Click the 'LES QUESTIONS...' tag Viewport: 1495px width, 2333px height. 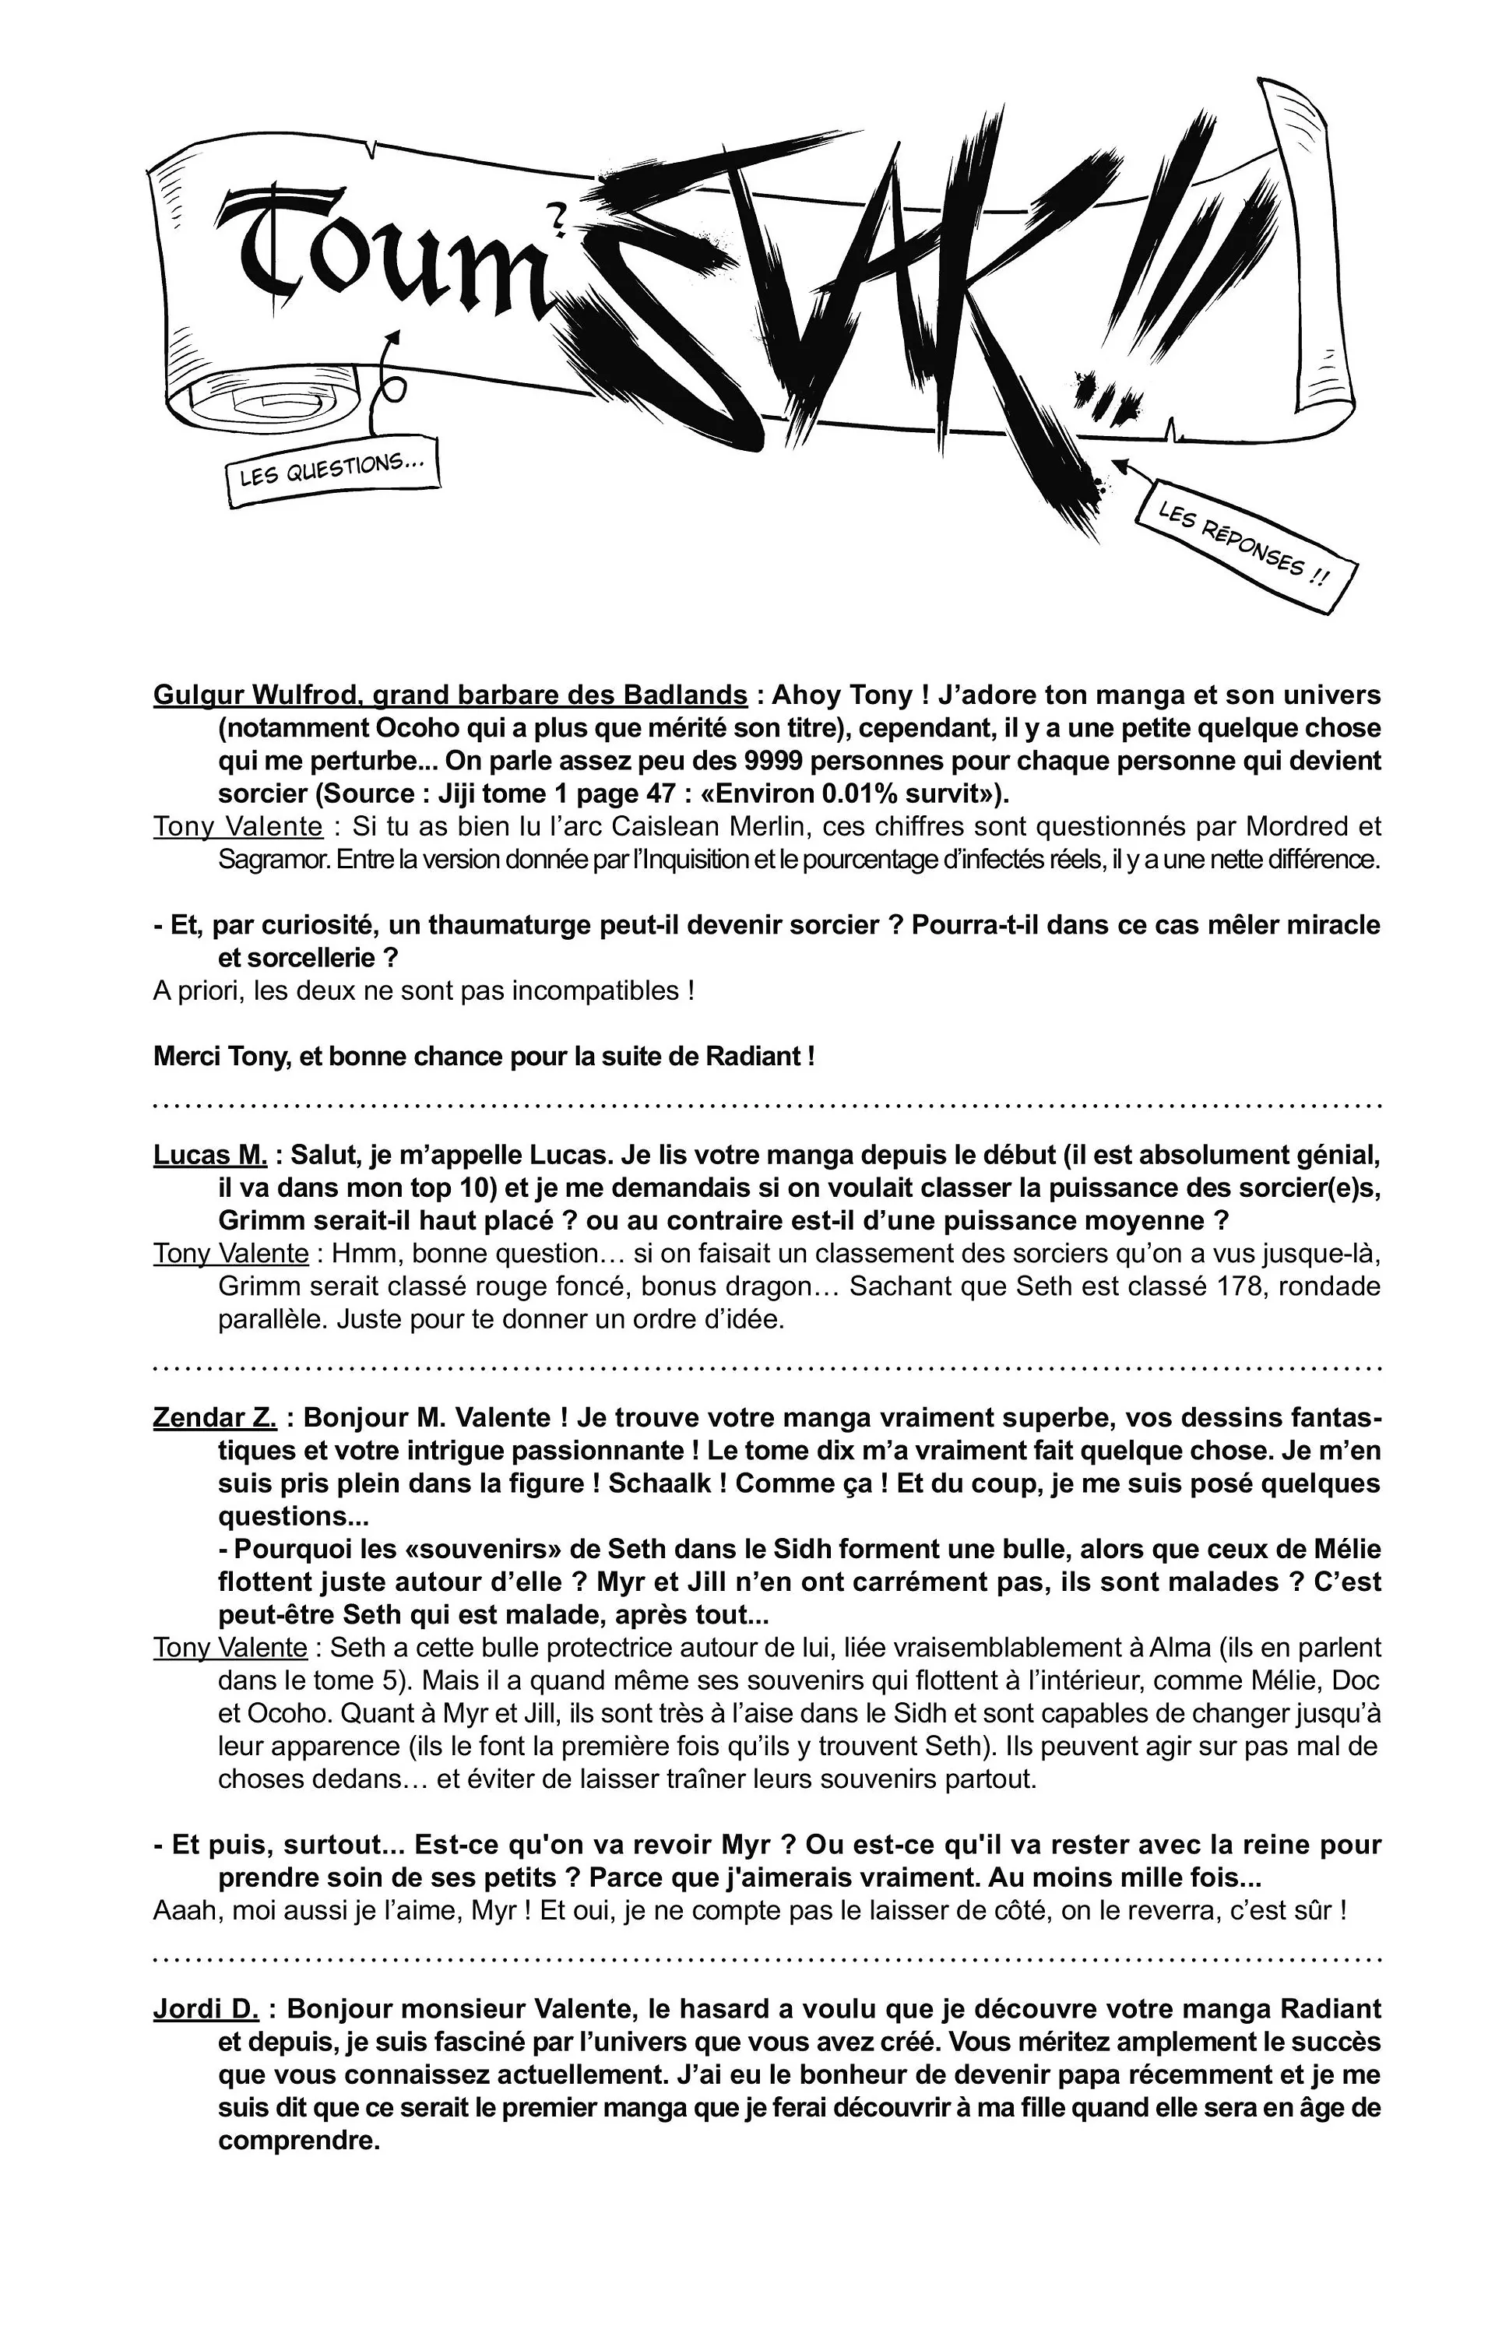pos(332,470)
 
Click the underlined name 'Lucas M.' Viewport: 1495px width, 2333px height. pos(209,1156)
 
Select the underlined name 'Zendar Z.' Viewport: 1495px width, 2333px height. pos(215,1417)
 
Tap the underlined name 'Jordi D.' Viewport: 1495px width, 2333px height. pos(206,2009)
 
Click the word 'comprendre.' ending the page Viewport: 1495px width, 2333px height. pos(298,2141)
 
